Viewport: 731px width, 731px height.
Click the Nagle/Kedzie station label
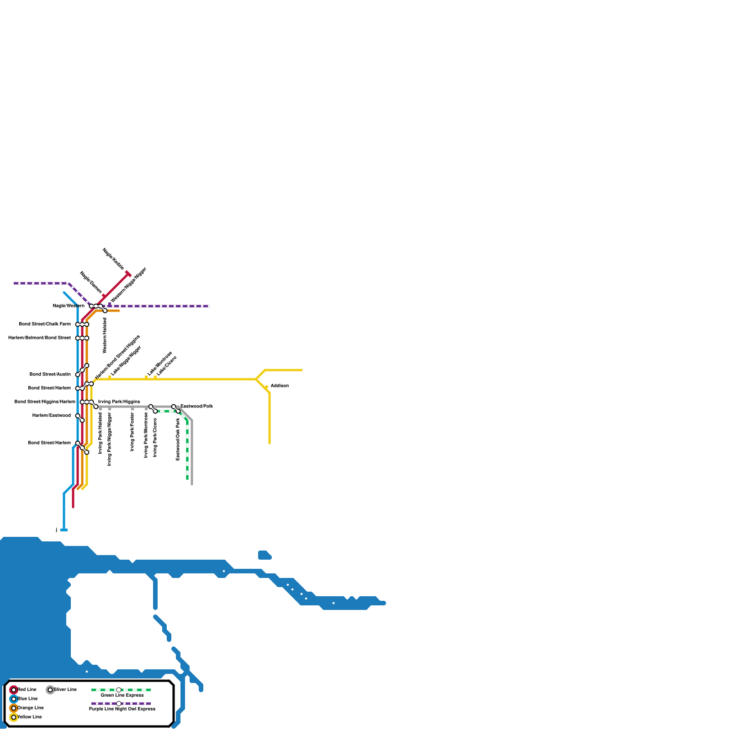point(113,259)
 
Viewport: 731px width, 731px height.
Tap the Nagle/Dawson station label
point(90,282)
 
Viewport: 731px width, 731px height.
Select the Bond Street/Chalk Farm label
point(45,324)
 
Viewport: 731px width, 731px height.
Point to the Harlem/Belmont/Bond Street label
point(39,338)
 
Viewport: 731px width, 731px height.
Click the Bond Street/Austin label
point(50,375)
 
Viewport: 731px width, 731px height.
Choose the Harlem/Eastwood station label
point(51,416)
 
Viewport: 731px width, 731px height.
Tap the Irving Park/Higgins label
point(119,402)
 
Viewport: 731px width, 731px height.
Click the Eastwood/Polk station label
point(196,406)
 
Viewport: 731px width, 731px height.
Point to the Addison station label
point(280,386)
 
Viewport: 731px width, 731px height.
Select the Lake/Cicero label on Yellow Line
point(166,366)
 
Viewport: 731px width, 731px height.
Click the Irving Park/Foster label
point(132,432)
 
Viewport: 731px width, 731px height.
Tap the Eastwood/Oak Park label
point(178,439)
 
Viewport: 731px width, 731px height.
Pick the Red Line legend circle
point(14,690)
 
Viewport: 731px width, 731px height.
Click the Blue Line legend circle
point(14,699)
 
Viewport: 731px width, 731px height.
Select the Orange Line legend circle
point(14,708)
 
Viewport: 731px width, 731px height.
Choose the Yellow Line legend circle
point(14,717)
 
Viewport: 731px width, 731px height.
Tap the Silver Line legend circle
point(50,690)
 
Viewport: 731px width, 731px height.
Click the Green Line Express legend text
point(122,695)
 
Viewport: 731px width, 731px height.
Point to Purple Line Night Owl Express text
point(122,709)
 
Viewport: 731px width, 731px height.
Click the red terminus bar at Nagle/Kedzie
point(128,274)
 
